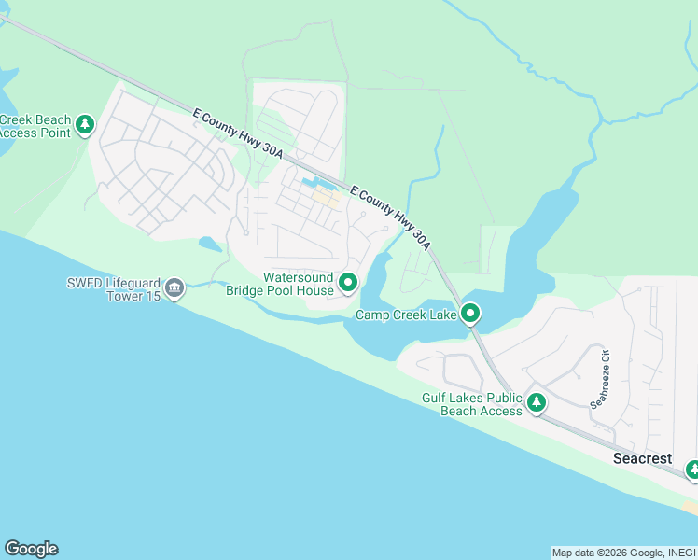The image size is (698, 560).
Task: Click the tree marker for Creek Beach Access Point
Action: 85,124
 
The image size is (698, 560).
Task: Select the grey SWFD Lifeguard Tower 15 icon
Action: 174,290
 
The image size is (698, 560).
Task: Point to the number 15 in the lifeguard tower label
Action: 147,297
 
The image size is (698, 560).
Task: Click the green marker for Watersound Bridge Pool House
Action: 348,281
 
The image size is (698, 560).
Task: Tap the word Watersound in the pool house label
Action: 297,277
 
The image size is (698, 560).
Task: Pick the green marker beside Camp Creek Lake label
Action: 471,314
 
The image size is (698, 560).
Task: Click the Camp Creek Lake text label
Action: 406,315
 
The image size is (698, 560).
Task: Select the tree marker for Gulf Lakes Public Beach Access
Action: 537,403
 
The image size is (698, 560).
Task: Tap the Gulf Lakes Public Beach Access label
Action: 471,404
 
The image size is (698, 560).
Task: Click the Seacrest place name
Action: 642,458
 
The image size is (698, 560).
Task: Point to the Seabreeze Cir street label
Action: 598,378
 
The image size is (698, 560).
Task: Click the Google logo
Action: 31,549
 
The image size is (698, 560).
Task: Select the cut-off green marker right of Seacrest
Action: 692,469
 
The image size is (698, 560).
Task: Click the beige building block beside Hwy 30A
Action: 325,197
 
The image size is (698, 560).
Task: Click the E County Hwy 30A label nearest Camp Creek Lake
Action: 391,217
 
